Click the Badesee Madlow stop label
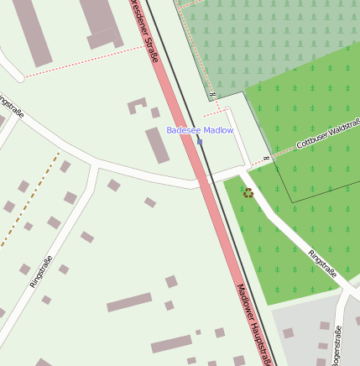[200, 130]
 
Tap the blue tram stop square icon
[200, 141]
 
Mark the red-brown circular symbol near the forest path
[248, 193]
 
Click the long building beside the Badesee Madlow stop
[157, 145]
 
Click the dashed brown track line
[29, 201]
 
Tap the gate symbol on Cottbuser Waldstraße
[266, 158]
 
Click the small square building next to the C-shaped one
[155, 112]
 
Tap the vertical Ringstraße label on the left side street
[40, 270]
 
